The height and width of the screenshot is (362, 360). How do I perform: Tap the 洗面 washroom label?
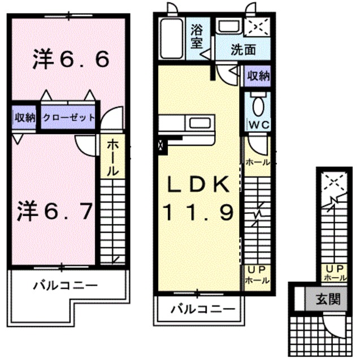click(x=242, y=50)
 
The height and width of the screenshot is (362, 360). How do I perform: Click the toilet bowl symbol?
click(x=258, y=105)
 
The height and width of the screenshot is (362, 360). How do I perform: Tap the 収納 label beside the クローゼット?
click(x=25, y=117)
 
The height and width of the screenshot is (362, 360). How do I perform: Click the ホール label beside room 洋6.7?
click(x=112, y=156)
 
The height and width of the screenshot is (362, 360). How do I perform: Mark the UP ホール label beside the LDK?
click(x=257, y=274)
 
